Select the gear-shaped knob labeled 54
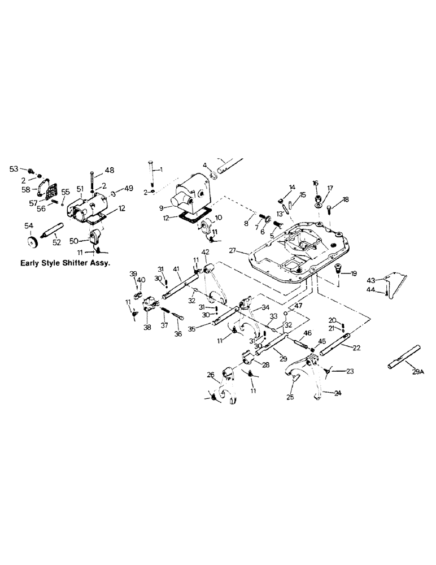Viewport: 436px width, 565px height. tap(34, 240)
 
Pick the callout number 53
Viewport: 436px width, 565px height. tap(14, 168)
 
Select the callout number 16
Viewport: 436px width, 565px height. tap(316, 183)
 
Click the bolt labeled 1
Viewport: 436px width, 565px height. tap(151, 169)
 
